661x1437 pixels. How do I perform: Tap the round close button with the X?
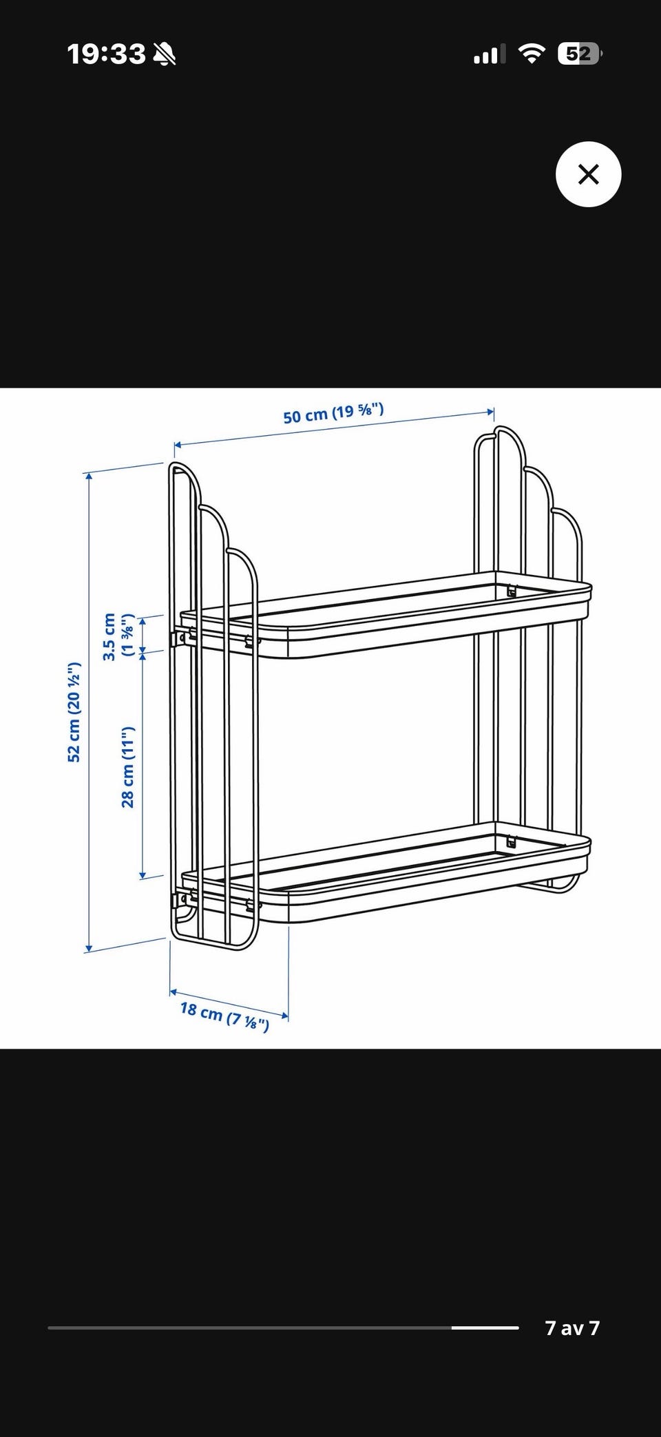pos(588,174)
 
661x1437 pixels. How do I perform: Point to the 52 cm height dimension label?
pos(74,712)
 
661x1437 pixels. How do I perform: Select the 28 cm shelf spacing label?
pos(128,766)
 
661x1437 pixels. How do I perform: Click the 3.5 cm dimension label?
pos(118,636)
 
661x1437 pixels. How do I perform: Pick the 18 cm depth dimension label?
pos(224,1016)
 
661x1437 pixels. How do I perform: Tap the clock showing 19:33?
pos(106,54)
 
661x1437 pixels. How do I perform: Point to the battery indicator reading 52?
pos(579,54)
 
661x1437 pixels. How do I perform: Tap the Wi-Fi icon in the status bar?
pos(531,54)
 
